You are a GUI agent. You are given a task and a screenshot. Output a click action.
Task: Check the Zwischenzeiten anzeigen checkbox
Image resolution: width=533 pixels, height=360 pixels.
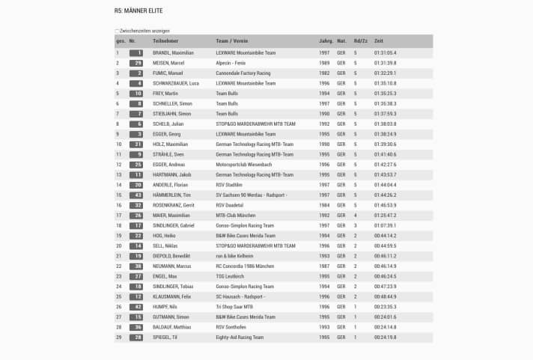tap(117, 31)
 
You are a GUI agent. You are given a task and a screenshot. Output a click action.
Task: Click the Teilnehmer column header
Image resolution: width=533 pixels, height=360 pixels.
tap(165, 40)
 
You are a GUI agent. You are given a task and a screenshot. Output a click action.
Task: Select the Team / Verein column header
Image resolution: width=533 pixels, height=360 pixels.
tap(233, 40)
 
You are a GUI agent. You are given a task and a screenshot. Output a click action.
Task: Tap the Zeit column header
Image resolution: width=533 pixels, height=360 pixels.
tap(379, 40)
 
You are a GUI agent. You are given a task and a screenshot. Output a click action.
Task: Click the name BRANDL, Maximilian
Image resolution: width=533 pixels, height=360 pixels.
tap(173, 53)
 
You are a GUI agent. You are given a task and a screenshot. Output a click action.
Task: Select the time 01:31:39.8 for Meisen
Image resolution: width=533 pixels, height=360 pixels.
tap(386, 63)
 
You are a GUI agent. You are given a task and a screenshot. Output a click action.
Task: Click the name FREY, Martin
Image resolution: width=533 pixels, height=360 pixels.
tap(165, 94)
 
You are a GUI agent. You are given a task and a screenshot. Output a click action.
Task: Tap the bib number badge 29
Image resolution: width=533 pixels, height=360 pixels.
tap(135, 63)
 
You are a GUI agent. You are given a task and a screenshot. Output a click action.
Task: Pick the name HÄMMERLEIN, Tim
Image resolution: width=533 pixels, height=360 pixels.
tap(171, 195)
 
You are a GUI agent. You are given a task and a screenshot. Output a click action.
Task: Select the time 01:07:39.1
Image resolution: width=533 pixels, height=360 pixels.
tap(386, 225)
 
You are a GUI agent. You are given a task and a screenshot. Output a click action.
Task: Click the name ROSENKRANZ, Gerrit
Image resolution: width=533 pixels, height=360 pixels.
tap(173, 205)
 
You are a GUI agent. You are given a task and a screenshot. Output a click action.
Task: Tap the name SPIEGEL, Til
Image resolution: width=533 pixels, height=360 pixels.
tap(165, 337)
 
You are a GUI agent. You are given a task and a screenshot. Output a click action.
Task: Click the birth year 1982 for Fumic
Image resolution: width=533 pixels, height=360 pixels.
tap(325, 73)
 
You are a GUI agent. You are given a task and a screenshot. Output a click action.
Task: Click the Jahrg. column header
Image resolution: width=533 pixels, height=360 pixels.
tap(326, 40)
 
